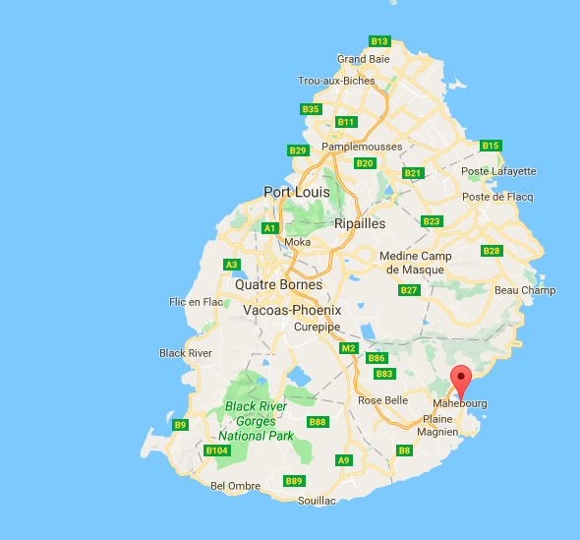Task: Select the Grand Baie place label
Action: coord(364,59)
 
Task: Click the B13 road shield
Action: coord(379,41)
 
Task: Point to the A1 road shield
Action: coord(270,228)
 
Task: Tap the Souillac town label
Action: coord(317,501)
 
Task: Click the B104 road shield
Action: coord(217,450)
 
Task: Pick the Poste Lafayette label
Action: coord(499,171)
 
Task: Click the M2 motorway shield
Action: coord(348,348)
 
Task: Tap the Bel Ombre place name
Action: coord(236,486)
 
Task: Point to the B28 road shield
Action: coord(492,251)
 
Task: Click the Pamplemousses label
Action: coord(363,147)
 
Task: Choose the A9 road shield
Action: coord(343,460)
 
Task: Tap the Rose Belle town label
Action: coord(382,400)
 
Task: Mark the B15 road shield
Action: coord(491,146)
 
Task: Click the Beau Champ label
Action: coord(525,290)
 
